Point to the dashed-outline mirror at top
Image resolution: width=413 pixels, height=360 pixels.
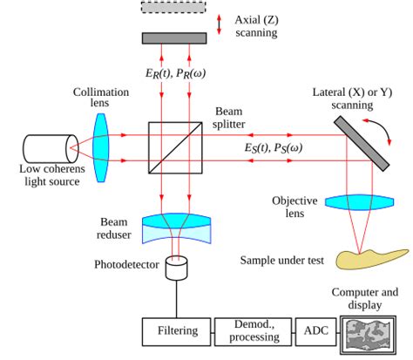click(178, 7)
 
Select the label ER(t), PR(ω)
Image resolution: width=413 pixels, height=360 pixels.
click(178, 73)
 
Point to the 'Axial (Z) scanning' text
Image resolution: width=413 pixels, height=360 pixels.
click(255, 25)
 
